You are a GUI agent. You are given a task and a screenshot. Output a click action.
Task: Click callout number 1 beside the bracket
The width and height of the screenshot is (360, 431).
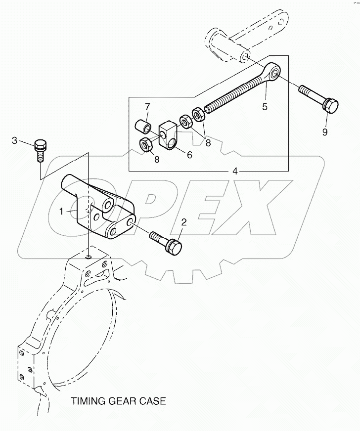[62, 211]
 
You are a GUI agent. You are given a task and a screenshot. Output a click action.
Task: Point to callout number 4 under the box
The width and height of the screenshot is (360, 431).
[235, 172]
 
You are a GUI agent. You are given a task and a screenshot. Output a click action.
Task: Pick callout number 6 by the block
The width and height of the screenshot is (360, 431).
[189, 154]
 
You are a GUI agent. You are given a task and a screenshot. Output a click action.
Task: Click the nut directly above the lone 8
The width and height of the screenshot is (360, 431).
[146, 145]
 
